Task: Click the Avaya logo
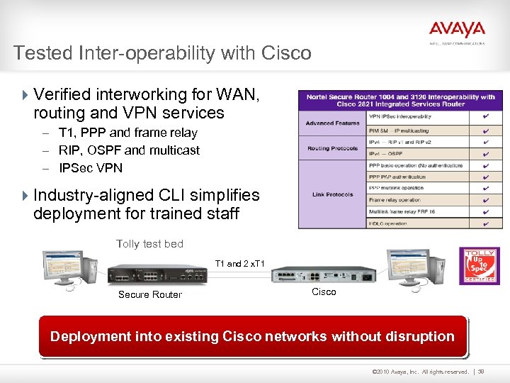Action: pos(457,30)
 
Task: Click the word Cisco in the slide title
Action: pos(286,53)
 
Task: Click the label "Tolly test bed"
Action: pos(149,244)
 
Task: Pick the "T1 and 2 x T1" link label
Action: pos(240,264)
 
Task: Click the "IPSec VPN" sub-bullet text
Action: pos(91,168)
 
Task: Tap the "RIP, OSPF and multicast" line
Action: pos(129,150)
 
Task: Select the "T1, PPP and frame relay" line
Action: pos(128,133)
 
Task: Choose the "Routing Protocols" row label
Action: pos(332,148)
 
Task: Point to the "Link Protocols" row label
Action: pos(332,194)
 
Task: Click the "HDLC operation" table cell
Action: pos(388,223)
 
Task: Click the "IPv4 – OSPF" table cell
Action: pos(386,154)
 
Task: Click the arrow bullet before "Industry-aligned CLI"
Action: pos(26,195)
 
